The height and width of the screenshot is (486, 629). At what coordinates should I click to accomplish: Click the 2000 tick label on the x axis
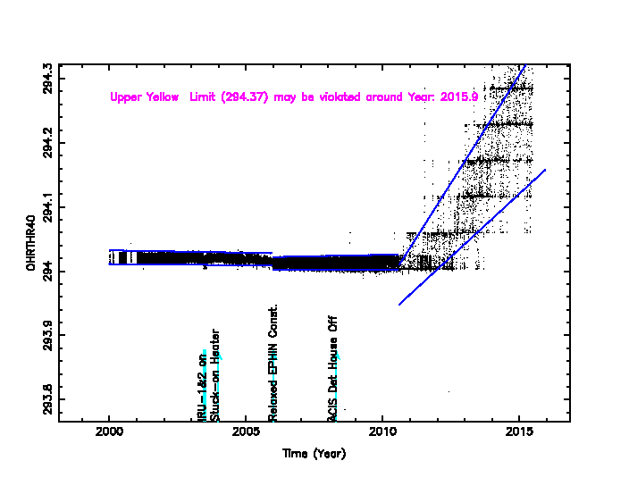pos(109,434)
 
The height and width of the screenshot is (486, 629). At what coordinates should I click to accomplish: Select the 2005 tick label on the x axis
pos(246,434)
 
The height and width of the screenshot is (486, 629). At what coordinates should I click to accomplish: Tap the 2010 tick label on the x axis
pos(382,434)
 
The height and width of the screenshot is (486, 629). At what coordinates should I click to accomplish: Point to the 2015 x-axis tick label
pos(519,434)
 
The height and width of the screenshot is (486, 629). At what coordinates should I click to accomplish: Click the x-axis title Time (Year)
pos(314,454)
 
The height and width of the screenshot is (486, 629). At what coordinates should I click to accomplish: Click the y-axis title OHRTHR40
pos(31,243)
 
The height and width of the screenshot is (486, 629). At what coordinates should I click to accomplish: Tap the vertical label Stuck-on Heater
pos(215,375)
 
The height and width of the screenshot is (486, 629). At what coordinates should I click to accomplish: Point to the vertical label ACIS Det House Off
pos(332,367)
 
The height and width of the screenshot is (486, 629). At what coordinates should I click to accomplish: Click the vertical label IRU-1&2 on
pos(203,393)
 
